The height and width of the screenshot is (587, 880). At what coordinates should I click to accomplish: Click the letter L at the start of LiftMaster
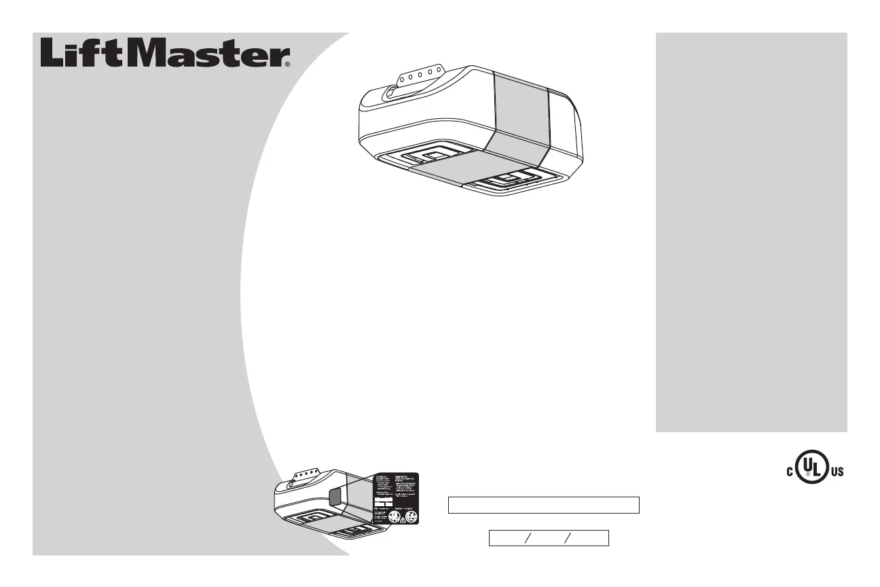[54, 52]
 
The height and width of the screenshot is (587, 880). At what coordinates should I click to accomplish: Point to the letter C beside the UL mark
[790, 472]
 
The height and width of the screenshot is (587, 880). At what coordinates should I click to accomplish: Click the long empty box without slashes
[543, 505]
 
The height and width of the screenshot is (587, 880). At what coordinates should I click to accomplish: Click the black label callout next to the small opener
[395, 498]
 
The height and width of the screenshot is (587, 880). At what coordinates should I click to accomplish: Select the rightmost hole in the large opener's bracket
[441, 70]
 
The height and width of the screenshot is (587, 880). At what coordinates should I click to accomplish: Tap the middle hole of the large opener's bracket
[421, 74]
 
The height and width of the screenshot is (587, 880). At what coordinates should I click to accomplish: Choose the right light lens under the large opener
[512, 181]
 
